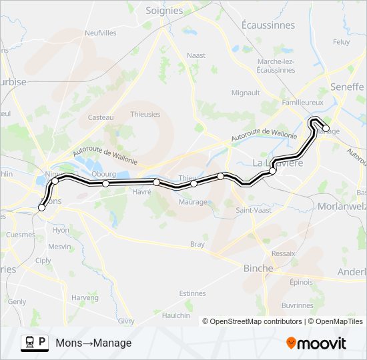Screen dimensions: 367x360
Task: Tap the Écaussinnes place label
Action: click(268, 25)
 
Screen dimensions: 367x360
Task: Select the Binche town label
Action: click(258, 268)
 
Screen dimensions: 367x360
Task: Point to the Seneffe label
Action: click(346, 87)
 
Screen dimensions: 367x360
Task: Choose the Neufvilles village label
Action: click(101, 33)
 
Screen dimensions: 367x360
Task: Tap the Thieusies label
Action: click(145, 114)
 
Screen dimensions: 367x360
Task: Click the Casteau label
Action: click(101, 117)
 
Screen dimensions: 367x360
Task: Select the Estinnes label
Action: click(192, 293)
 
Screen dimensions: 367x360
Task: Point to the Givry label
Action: click(126, 321)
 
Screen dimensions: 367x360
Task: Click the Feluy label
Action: click(341, 42)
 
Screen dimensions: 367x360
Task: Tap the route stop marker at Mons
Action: click(41, 208)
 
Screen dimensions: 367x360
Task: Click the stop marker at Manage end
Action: click(326, 128)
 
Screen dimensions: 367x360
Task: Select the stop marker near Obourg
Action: click(105, 183)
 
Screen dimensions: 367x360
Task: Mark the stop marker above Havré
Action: click(156, 182)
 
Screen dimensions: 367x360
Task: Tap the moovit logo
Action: click(316, 343)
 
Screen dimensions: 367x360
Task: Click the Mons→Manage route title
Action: click(93, 343)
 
